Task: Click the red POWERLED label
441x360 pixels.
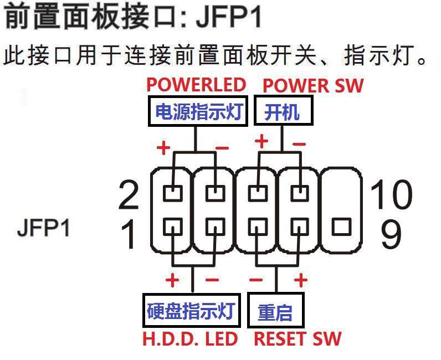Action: (196, 85)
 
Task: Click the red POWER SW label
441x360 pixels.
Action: (313, 85)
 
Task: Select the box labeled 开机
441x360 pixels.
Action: (283, 112)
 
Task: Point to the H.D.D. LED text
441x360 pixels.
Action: (190, 338)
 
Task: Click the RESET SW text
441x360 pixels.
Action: (298, 338)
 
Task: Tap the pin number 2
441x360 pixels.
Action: (129, 195)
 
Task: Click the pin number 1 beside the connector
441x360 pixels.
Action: (129, 234)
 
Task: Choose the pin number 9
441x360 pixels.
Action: (391, 234)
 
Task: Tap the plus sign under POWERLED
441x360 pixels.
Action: (163, 148)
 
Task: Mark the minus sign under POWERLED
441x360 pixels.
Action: (222, 148)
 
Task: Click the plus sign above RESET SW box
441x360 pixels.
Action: (301, 280)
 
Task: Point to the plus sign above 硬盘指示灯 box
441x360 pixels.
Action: (172, 280)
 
